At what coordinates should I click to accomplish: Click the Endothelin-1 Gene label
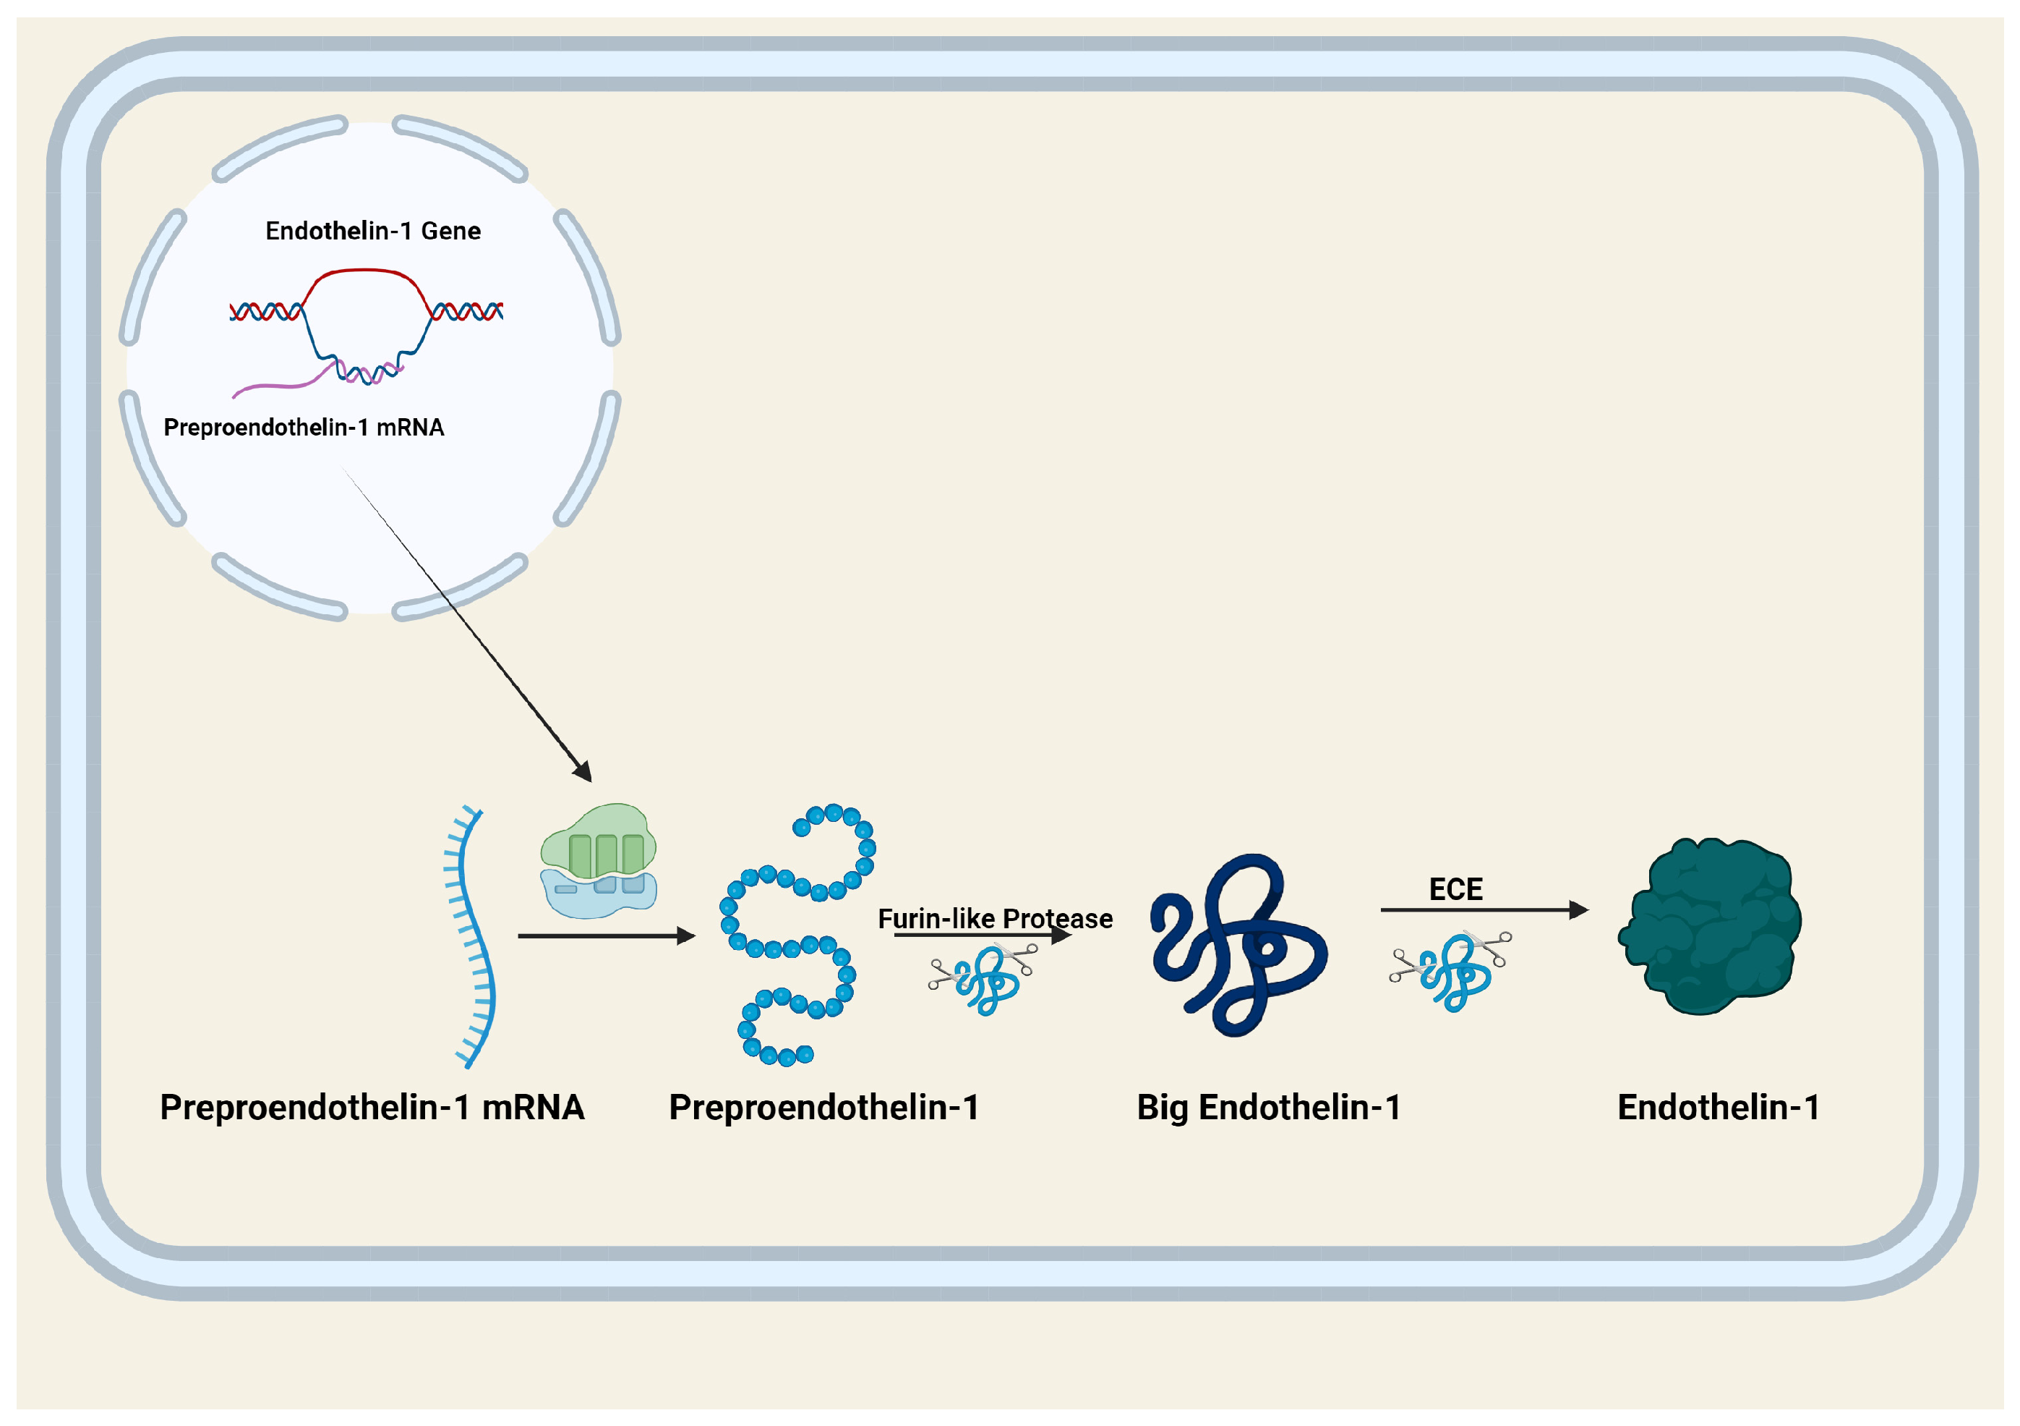[373, 231]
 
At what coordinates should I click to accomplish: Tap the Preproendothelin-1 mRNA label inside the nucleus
[304, 428]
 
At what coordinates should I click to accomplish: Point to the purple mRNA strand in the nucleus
[273, 386]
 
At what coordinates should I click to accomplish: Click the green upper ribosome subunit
[598, 841]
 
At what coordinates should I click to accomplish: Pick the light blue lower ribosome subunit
[598, 896]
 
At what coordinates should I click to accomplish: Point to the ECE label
[1455, 889]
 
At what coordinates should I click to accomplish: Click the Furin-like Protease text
[994, 919]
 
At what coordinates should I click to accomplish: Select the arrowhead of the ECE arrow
[1578, 909]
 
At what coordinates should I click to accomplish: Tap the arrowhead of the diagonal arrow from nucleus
[583, 771]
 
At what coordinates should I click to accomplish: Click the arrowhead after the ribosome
[686, 935]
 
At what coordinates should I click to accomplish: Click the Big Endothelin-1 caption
[1268, 1108]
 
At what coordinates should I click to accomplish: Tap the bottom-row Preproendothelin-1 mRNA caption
[372, 1108]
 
